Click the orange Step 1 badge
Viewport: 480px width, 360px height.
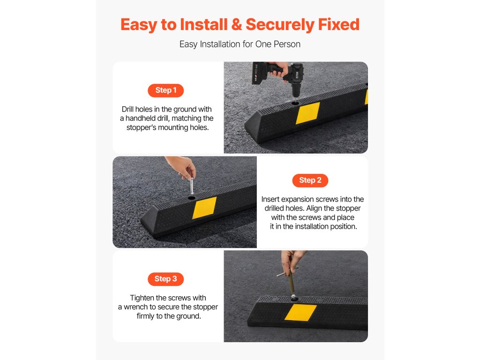coord(165,90)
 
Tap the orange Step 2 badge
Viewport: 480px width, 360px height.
coord(310,180)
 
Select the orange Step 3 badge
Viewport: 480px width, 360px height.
coord(165,279)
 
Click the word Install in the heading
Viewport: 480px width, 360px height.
coord(204,24)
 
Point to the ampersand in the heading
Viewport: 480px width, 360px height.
coord(237,24)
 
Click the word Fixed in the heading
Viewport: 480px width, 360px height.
coord(338,24)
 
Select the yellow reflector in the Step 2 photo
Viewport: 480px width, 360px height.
coord(204,208)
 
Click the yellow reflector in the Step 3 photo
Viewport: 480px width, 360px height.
coord(300,313)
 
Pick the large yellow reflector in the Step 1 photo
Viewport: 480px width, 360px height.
coord(307,113)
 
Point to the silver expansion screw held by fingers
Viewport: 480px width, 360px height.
coord(192,186)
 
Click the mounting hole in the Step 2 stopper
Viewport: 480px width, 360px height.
coord(192,198)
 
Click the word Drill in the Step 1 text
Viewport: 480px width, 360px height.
coord(127,109)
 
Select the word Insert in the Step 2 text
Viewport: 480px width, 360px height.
coord(270,199)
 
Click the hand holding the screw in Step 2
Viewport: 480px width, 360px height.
coord(182,167)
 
